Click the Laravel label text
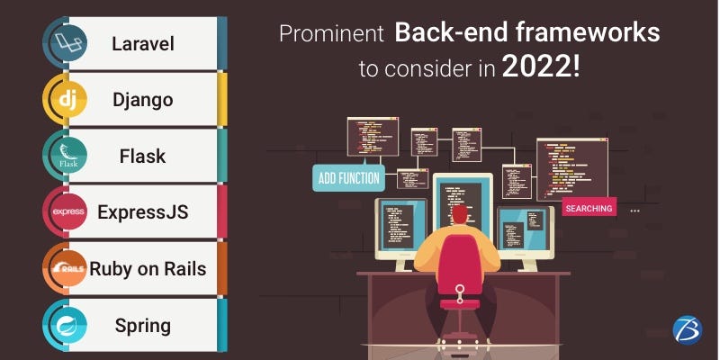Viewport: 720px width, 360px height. coord(143,44)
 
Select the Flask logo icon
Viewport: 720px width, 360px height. coord(68,156)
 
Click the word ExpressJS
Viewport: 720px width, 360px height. coord(143,212)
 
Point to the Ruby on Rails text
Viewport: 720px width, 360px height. coord(148,268)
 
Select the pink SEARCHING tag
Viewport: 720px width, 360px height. coord(589,208)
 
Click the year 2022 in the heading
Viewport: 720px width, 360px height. coord(541,67)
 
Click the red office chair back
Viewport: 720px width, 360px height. coord(460,265)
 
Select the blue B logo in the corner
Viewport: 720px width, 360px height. coord(688,328)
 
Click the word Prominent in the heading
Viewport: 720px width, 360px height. coord(331,34)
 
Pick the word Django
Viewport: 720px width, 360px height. coord(143,101)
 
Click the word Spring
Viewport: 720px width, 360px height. coord(143,327)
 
